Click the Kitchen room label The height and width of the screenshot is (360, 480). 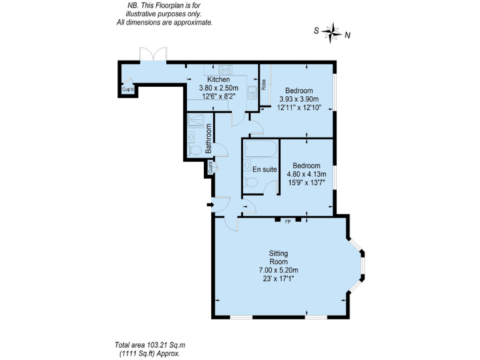(x=214, y=79)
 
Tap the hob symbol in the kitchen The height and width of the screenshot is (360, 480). (x=225, y=69)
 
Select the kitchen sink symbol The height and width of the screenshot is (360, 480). (x=251, y=92)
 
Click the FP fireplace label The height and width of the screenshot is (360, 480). (x=288, y=221)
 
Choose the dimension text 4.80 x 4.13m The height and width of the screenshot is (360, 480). (x=307, y=174)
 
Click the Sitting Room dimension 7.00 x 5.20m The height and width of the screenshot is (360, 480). (x=279, y=270)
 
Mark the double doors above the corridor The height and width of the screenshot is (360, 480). (x=153, y=55)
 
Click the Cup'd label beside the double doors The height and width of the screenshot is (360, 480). (x=128, y=90)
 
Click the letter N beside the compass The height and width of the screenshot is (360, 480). (x=347, y=36)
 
